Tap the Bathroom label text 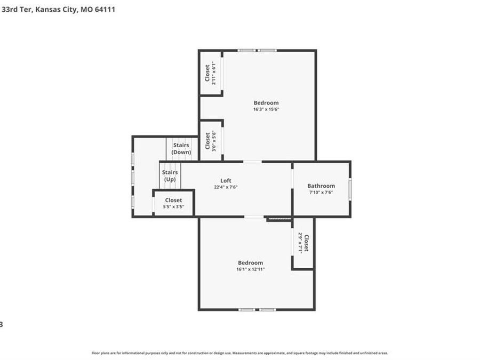[x=321, y=186]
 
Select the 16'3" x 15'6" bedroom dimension [x=266, y=109]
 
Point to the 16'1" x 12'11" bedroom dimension [x=250, y=269]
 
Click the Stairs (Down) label [x=181, y=149]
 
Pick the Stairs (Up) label [x=170, y=175]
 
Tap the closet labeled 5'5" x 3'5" [x=173, y=203]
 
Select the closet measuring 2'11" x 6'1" [x=211, y=74]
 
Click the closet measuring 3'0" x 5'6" [x=211, y=141]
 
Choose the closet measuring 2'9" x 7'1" [x=303, y=243]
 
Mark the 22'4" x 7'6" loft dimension [x=226, y=187]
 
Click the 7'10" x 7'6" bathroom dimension [x=321, y=193]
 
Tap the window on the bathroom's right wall [x=350, y=189]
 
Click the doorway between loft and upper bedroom [x=252, y=161]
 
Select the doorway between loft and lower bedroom [x=254, y=217]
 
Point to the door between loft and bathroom [x=292, y=179]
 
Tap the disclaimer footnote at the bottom [x=239, y=353]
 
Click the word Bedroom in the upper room [x=266, y=103]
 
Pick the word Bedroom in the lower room [x=250, y=262]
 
